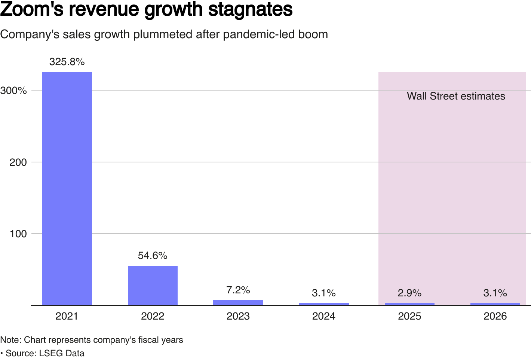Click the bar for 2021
point(67,188)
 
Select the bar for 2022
point(153,286)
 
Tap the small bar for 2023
point(238,303)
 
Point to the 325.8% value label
point(67,62)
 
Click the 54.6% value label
point(153,256)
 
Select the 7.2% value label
point(238,290)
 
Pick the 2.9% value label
point(409,293)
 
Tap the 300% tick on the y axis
point(13,91)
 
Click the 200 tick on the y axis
point(18,162)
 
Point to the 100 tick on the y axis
point(18,234)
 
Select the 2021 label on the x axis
point(67,316)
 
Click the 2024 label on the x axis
point(324,316)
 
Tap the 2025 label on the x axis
point(409,316)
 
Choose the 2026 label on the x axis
point(495,316)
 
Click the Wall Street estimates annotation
point(456,96)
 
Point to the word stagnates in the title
point(250,9)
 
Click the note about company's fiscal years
point(92,340)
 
